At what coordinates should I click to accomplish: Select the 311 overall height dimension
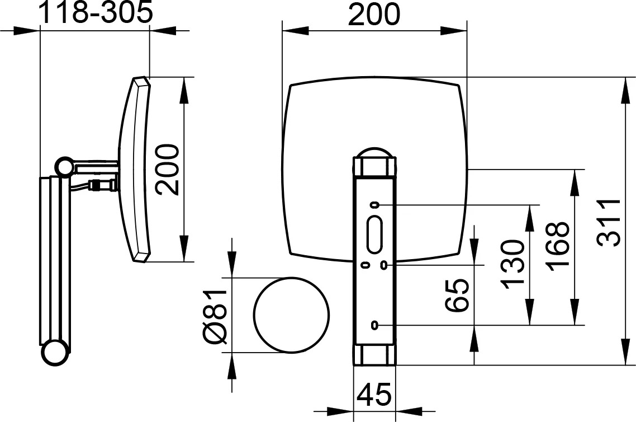609,223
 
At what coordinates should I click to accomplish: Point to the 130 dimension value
512,265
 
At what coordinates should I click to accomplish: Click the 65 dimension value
457,295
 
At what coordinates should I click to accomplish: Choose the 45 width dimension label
375,394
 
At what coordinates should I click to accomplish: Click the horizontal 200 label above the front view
374,14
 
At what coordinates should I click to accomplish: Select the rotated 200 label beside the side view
167,170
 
